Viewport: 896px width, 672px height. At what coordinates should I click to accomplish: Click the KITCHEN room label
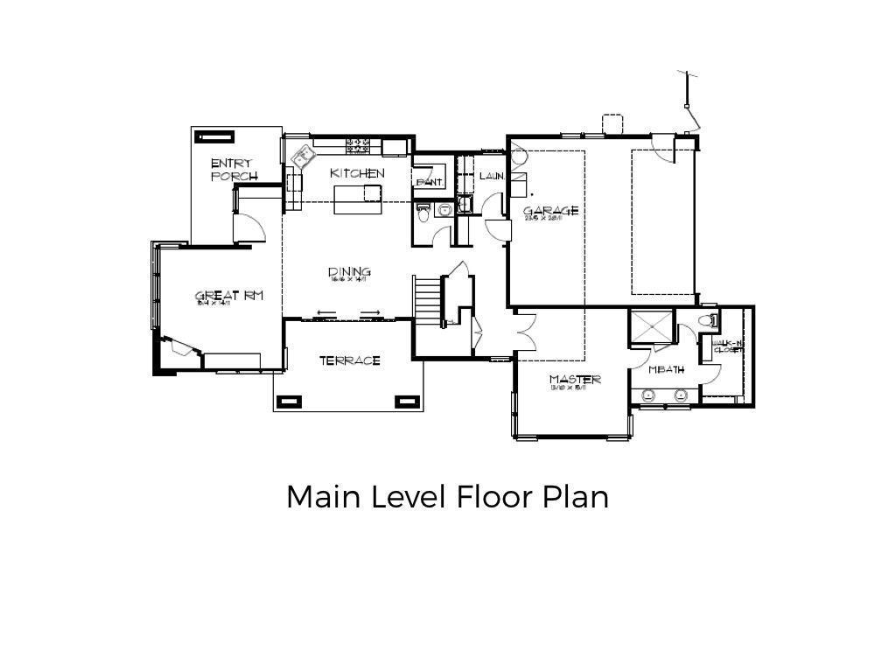click(357, 173)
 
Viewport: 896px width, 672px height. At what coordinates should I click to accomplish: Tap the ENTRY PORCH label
click(234, 170)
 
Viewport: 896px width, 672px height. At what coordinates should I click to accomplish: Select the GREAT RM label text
click(228, 297)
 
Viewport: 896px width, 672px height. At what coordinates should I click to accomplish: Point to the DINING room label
click(349, 272)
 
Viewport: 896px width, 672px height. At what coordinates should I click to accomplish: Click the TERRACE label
click(349, 360)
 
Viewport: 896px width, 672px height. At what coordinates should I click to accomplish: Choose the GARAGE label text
click(550, 211)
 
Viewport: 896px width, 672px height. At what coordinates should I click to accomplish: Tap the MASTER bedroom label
click(575, 380)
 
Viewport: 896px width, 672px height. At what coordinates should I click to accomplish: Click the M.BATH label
click(666, 370)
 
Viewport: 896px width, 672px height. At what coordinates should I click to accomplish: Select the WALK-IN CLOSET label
click(728, 346)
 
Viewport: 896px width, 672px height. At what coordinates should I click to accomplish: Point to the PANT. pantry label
click(430, 182)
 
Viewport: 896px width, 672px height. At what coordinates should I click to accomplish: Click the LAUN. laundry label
click(492, 177)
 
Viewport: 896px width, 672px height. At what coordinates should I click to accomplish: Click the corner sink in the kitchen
click(304, 157)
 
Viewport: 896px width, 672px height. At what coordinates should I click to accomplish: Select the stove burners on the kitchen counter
click(359, 143)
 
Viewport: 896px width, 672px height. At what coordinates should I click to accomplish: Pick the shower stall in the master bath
click(652, 327)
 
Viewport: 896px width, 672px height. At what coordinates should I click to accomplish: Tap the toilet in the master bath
click(710, 321)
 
